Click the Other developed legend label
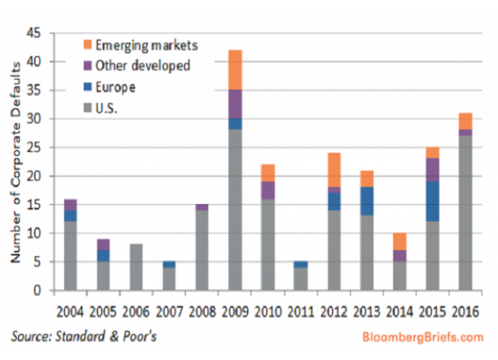coord(142,66)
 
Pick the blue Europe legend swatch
coord(88,86)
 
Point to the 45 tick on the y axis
coord(36,33)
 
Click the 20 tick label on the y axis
coord(36,176)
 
